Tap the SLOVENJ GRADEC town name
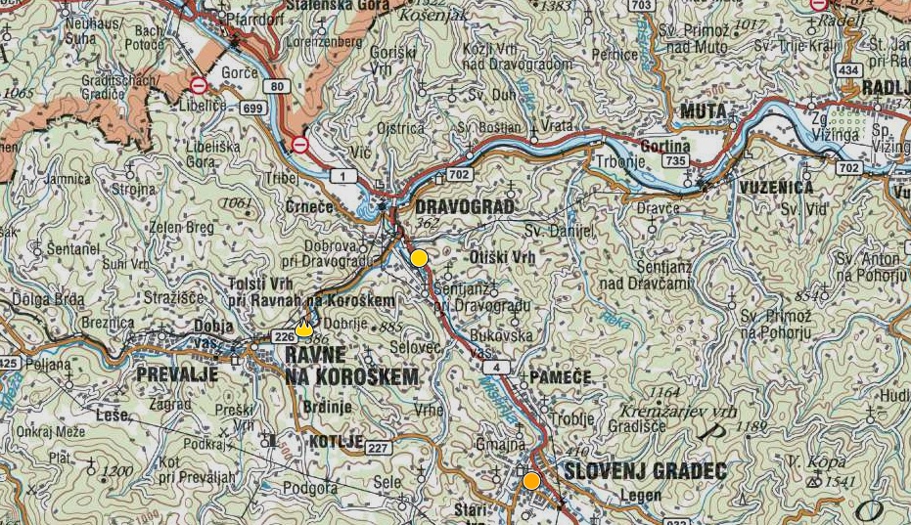point(645,472)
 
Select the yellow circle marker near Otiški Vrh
point(419,258)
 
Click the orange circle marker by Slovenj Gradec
point(531,481)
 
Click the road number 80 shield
point(278,86)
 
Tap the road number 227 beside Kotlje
point(378,448)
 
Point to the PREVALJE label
point(175,374)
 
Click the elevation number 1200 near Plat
point(116,472)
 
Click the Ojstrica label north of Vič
point(401,127)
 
